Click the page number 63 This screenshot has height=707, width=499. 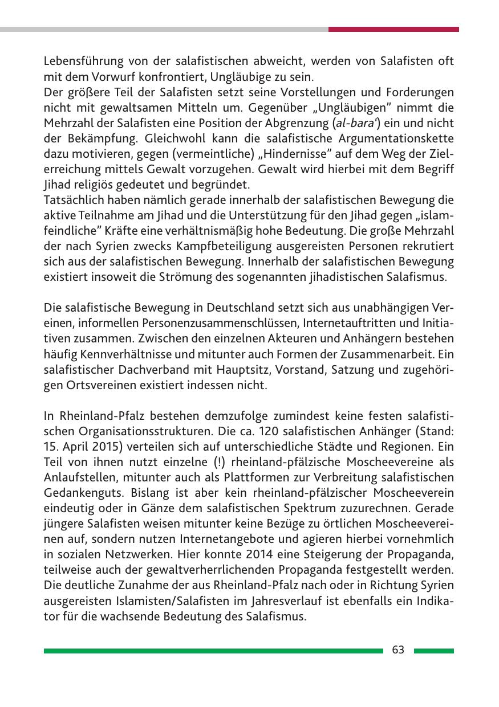pyautogui.click(x=398, y=650)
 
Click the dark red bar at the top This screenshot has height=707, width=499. pyautogui.click(x=393, y=29)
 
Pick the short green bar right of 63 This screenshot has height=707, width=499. pyautogui.click(x=433, y=650)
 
